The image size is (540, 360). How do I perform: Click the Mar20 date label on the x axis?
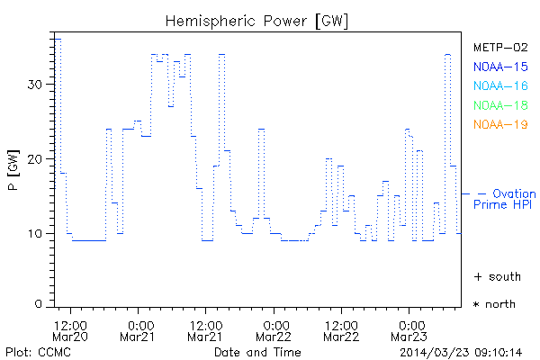[x=71, y=337]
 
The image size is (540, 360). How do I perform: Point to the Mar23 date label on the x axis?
[x=409, y=337]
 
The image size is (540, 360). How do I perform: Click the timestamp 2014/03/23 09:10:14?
[x=462, y=351]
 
